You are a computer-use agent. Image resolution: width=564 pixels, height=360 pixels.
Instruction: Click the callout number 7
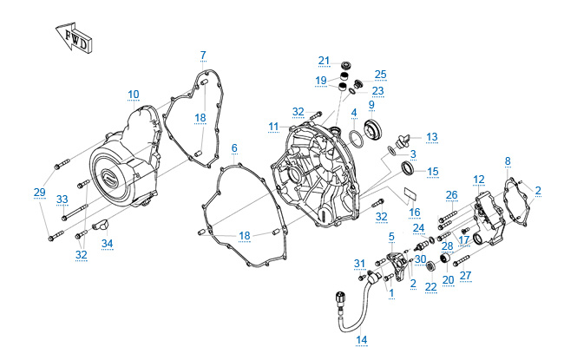click(203, 56)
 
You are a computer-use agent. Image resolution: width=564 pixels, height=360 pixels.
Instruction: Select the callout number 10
click(133, 94)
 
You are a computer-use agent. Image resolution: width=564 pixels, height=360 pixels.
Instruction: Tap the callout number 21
click(324, 60)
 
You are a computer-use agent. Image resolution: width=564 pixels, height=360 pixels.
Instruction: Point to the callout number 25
click(380, 74)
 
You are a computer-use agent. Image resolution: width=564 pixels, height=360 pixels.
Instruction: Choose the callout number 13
click(431, 136)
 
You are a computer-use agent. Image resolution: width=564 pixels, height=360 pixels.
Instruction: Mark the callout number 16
click(415, 211)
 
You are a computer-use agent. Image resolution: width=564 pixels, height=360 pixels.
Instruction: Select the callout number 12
click(479, 180)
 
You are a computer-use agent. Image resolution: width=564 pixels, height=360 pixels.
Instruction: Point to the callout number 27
click(466, 276)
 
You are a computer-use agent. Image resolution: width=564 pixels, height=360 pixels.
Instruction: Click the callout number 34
click(107, 244)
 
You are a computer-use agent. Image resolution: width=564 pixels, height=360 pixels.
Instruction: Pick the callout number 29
click(39, 192)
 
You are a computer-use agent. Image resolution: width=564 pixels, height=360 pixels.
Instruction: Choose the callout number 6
click(233, 147)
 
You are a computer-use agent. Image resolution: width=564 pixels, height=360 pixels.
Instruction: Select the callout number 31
click(360, 263)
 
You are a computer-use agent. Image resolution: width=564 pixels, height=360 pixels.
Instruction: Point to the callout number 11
click(273, 126)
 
